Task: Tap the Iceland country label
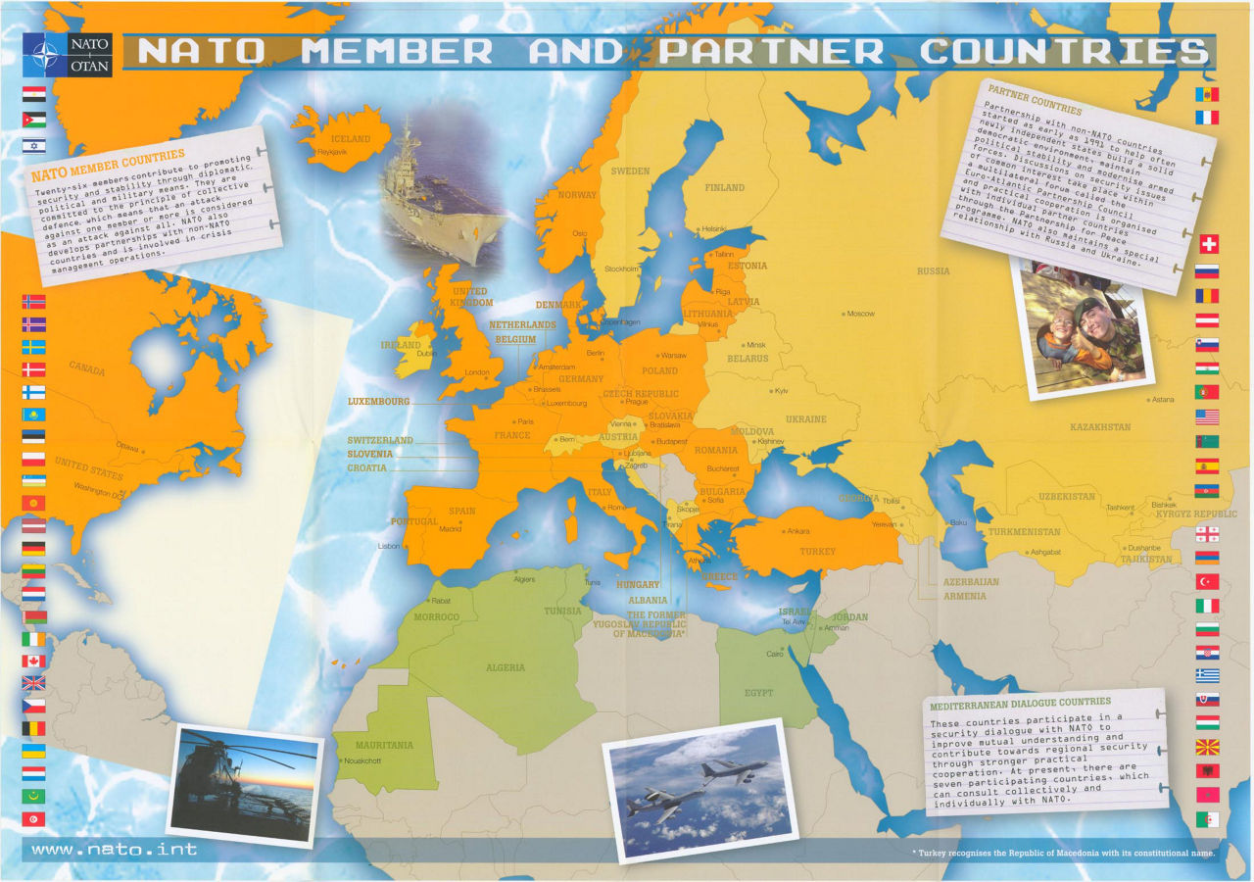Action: point(351,139)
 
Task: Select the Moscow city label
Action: point(861,314)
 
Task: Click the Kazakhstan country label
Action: point(1099,427)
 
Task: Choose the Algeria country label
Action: point(506,667)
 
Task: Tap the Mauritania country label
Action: point(386,745)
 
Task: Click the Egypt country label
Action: point(758,693)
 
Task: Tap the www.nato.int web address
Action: point(114,850)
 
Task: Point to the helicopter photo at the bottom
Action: point(245,784)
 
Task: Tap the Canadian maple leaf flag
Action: point(33,661)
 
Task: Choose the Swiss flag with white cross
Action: point(1208,244)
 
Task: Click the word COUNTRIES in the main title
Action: point(1064,51)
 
